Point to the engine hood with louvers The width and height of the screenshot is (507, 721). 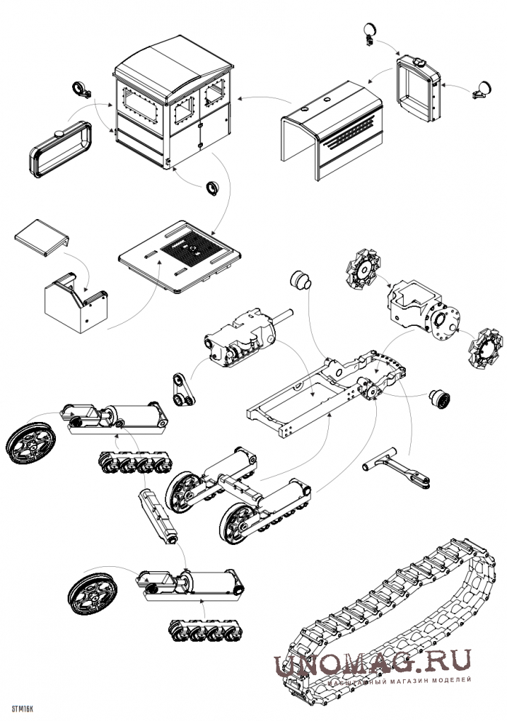coord(331,130)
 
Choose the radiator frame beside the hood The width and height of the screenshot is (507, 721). coord(419,88)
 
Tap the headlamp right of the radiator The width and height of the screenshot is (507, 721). coord(482,89)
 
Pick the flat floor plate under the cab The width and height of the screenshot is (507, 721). coord(180,257)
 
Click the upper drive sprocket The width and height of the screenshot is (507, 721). coord(363,269)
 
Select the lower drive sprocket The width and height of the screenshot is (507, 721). coord(483,348)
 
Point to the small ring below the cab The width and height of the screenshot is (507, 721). coord(212,187)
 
